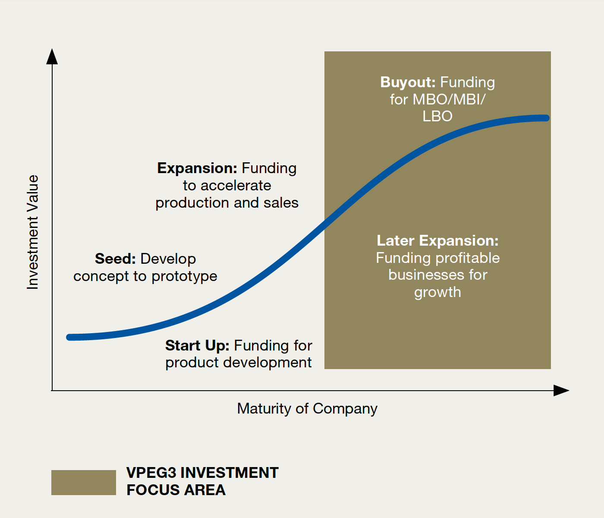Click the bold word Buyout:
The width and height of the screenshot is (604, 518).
[408, 82]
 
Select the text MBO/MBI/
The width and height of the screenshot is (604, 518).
[449, 99]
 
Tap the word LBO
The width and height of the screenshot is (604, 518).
[437, 116]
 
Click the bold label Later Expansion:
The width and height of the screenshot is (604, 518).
[437, 240]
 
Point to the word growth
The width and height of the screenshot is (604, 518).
[437, 293]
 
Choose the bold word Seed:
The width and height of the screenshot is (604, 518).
[115, 259]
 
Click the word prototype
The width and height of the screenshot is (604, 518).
[184, 277]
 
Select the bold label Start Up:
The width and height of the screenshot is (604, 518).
[197, 345]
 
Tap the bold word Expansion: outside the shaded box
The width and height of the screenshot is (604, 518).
[197, 168]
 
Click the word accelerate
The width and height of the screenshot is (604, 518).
[236, 186]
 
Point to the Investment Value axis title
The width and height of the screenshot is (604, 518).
[33, 232]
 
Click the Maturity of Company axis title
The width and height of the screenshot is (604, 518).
[307, 408]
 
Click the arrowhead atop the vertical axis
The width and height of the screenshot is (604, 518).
[52, 56]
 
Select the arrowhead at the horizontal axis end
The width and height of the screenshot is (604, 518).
[561, 391]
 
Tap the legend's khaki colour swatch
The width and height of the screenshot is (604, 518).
[84, 483]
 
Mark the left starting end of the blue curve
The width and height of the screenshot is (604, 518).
[69, 337]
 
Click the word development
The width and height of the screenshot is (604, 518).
[267, 363]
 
